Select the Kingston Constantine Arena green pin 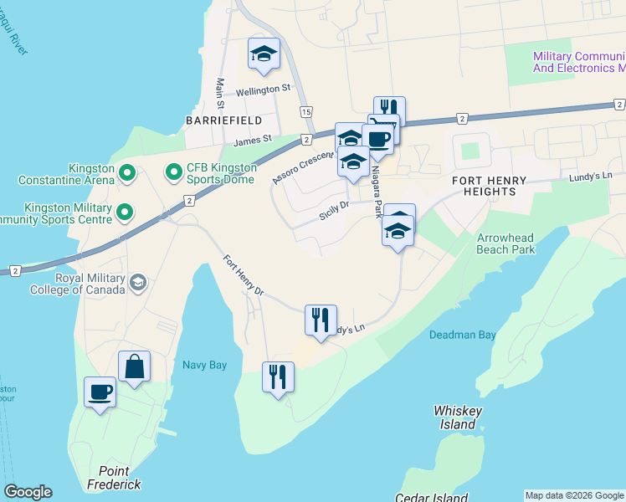pyautogui.click(x=127, y=174)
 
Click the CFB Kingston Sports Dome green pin pyautogui.click(x=174, y=174)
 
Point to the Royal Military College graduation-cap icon pyautogui.click(x=136, y=284)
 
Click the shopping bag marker pyautogui.click(x=134, y=366)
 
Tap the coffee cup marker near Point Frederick pyautogui.click(x=100, y=392)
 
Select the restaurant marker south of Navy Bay pyautogui.click(x=279, y=376)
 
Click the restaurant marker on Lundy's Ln pyautogui.click(x=321, y=320)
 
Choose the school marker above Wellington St pyautogui.click(x=264, y=55)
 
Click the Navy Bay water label pyautogui.click(x=205, y=365)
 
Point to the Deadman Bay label pyautogui.click(x=463, y=335)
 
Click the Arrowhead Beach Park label pyautogui.click(x=505, y=243)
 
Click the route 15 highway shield pyautogui.click(x=306, y=111)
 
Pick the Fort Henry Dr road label pyautogui.click(x=244, y=275)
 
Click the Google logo pyautogui.click(x=28, y=492)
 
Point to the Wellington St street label pyautogui.click(x=262, y=87)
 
